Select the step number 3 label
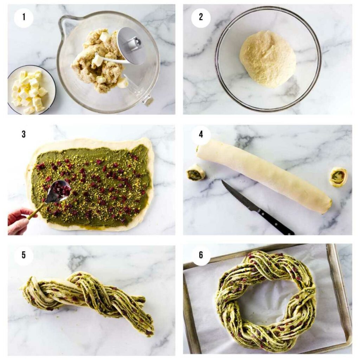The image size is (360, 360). [x=24, y=134]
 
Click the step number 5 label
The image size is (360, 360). [x=24, y=255]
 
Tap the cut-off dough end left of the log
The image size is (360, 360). [x=196, y=172]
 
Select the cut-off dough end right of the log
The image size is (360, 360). [x=338, y=176]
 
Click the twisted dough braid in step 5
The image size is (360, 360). [x=88, y=297]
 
